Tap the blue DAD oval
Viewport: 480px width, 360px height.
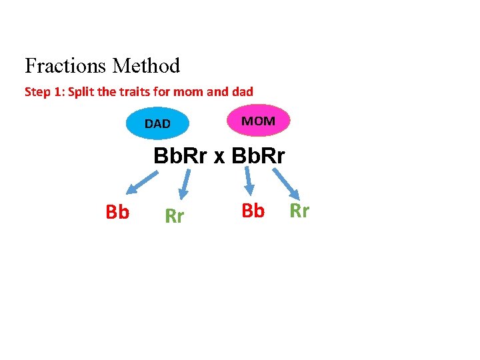pos(158,123)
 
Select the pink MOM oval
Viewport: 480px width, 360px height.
pos(257,121)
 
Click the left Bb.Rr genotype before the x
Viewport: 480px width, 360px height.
pos(180,156)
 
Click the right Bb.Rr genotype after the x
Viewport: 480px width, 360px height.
pos(257,156)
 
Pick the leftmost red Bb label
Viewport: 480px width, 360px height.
pos(117,212)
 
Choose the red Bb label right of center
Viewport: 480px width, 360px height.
pos(253,211)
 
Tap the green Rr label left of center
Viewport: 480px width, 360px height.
pos(174,216)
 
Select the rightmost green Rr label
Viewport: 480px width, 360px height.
pos(300,211)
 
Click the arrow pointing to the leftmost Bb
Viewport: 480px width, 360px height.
pos(143,182)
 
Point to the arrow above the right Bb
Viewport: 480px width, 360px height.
pos(247,180)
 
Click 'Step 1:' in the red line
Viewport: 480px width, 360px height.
pos(45,92)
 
